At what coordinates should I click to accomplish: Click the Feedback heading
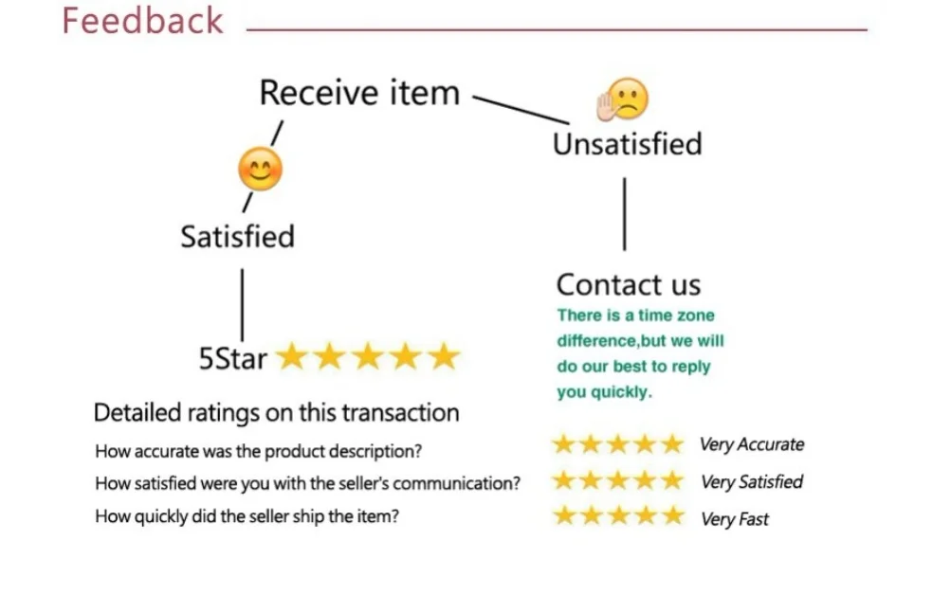[x=142, y=21]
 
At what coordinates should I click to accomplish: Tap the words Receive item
[x=358, y=93]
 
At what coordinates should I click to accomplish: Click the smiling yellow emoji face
[x=259, y=170]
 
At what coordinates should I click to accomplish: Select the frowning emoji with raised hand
[x=623, y=99]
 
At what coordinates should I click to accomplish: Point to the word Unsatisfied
[x=627, y=144]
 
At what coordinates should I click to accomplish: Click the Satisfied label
[x=237, y=236]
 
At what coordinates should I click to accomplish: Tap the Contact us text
[x=628, y=284]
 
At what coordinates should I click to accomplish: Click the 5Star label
[x=232, y=358]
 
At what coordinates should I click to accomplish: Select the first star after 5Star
[x=292, y=356]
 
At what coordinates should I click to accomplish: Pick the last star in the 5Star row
[x=443, y=356]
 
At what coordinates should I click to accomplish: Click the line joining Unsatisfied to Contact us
[x=624, y=213]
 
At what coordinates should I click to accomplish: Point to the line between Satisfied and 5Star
[x=242, y=303]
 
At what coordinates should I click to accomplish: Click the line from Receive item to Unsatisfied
[x=520, y=109]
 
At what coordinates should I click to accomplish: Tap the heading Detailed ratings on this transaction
[x=276, y=412]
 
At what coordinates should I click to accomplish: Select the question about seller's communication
[x=307, y=483]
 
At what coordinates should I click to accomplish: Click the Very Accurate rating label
[x=751, y=444]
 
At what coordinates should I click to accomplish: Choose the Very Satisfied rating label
[x=751, y=481]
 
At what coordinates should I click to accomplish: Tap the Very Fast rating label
[x=734, y=518]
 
